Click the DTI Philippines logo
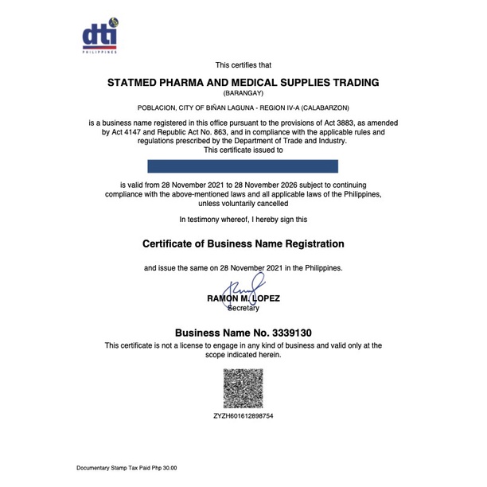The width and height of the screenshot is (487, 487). (100, 35)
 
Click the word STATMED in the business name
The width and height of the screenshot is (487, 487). (138, 83)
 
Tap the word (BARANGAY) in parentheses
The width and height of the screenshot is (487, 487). (243, 93)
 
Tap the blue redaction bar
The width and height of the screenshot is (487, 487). (243, 166)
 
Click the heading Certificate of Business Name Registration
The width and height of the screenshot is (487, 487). (243, 243)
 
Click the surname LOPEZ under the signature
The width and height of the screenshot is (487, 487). (262, 298)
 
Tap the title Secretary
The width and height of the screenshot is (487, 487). (243, 308)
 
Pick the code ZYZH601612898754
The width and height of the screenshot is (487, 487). (243, 416)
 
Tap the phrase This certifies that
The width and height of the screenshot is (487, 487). (243, 64)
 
